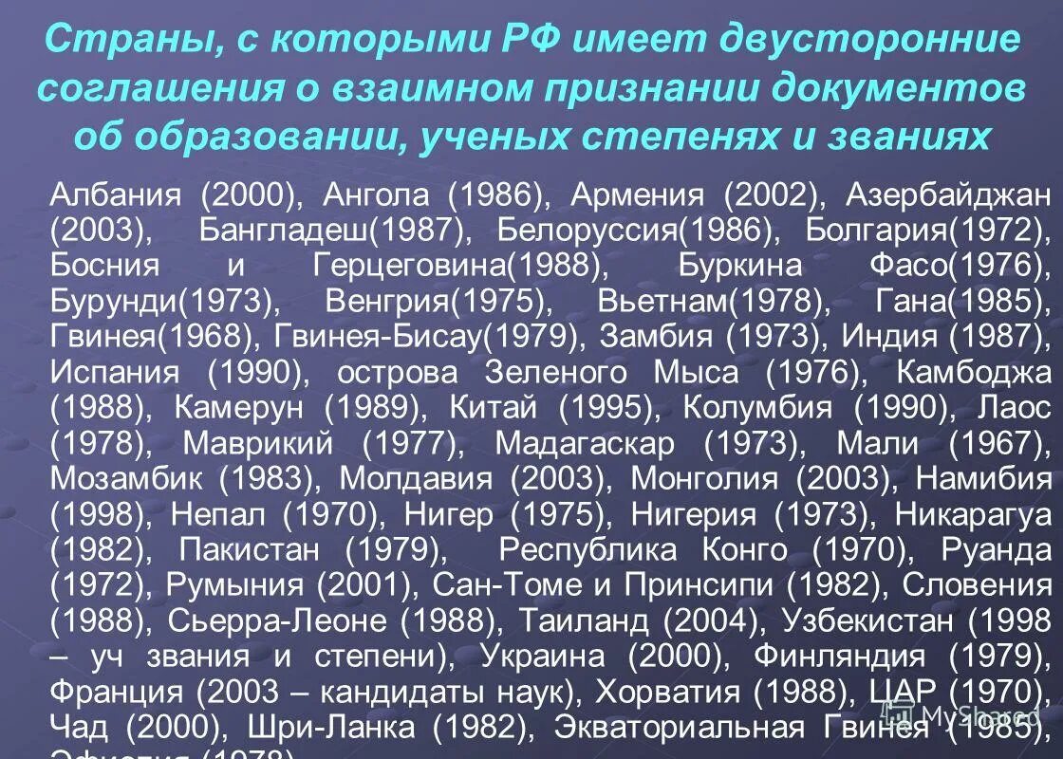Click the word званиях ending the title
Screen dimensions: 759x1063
click(x=911, y=138)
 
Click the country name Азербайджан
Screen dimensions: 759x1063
click(x=949, y=194)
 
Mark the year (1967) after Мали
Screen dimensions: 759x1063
click(x=996, y=443)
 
